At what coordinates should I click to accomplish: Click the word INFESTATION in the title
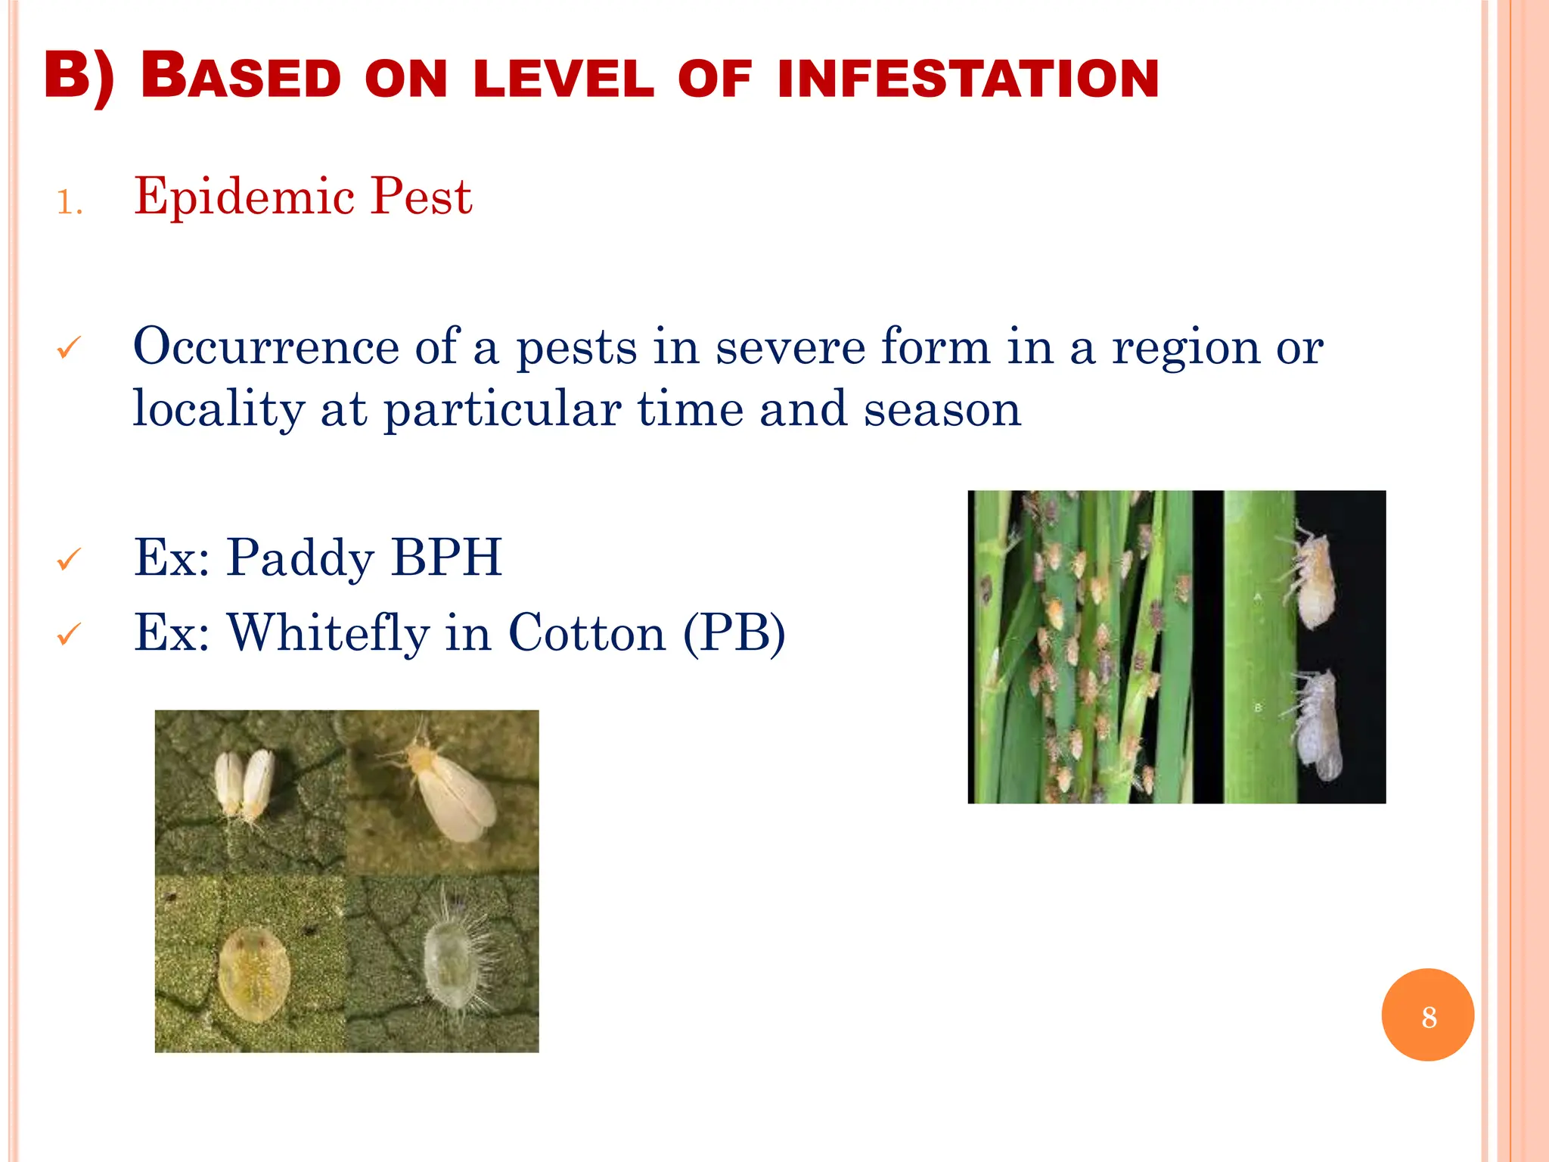967,79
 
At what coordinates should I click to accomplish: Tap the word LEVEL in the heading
563,79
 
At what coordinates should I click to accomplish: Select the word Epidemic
244,197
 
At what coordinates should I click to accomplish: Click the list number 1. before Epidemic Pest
70,203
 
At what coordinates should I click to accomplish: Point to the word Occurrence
266,347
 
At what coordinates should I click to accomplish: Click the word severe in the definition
790,347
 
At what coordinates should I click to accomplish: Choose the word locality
219,409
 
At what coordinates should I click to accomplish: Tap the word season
942,409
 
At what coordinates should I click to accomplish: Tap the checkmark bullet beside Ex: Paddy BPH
69,561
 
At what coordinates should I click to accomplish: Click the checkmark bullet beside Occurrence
69,349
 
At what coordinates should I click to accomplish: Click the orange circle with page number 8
1427,1015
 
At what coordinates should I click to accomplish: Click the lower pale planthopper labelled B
1318,726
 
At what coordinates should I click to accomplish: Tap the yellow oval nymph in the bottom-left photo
255,975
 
